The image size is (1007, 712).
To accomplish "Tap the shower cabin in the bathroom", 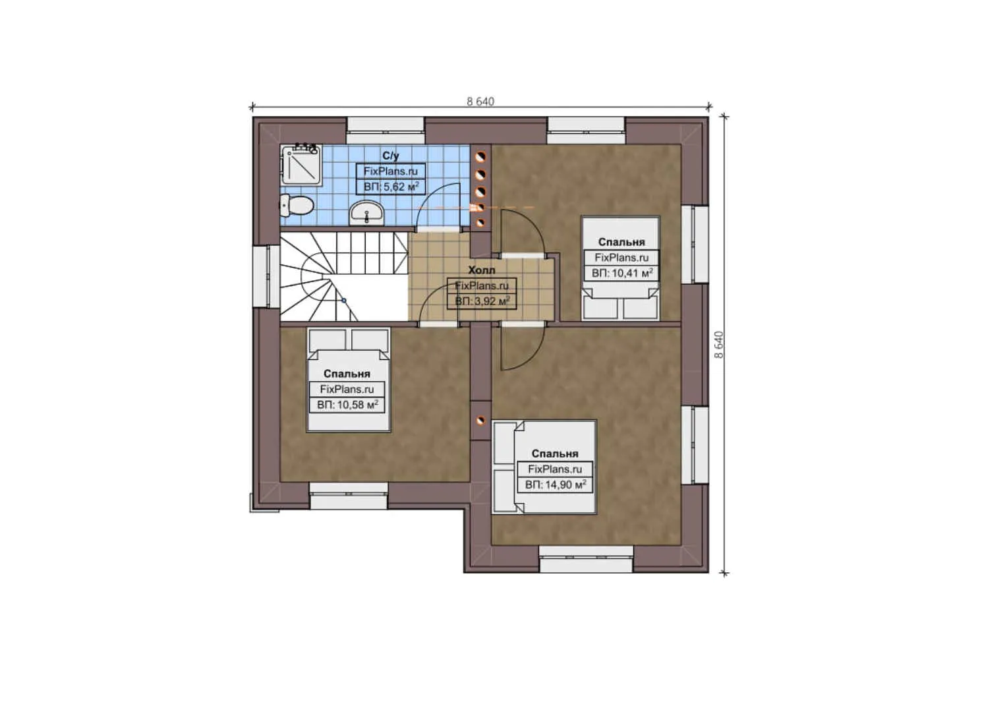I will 301,165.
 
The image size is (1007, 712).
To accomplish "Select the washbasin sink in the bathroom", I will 366,212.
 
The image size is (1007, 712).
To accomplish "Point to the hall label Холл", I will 481,270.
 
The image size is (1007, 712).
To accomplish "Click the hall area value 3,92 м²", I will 482,301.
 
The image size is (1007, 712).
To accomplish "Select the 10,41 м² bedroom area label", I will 621,272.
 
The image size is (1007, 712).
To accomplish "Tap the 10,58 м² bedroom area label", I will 347,404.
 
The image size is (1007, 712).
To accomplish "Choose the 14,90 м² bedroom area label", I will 556,485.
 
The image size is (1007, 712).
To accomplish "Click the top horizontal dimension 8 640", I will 480,102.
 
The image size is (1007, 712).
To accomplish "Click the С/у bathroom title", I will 391,156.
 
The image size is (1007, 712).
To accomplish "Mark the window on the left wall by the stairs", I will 261,277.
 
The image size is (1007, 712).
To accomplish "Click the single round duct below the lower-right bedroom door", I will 480,418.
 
